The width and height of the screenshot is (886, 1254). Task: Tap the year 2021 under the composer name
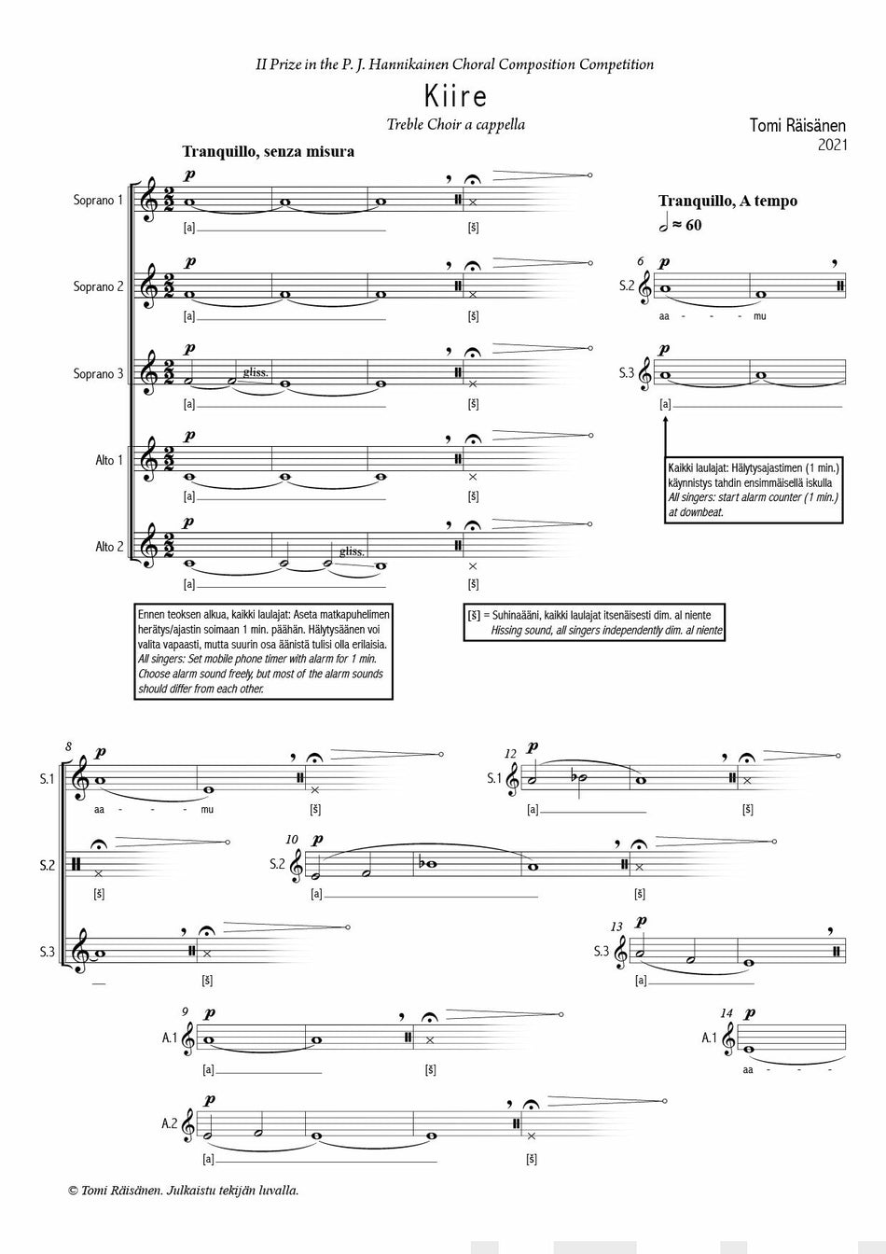[x=832, y=145]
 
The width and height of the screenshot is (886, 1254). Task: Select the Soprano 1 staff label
[x=98, y=200]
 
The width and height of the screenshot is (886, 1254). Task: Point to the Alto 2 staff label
[x=109, y=547]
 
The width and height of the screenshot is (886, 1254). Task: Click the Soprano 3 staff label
[x=98, y=374]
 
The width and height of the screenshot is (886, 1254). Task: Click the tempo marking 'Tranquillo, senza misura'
[x=268, y=151]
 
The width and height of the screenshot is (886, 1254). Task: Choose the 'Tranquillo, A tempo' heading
[x=727, y=201]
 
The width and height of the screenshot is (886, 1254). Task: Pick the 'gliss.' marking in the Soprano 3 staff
[x=256, y=372]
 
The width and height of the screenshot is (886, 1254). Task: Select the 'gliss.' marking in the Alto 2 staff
[x=352, y=551]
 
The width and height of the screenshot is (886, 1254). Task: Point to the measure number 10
[x=292, y=840]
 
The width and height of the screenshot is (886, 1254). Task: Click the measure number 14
[x=727, y=1012]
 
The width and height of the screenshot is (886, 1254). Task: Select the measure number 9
[x=186, y=1012]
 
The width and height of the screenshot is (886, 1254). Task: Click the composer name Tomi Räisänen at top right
[x=797, y=125]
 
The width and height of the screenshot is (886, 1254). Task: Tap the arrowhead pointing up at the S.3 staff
[x=666, y=422]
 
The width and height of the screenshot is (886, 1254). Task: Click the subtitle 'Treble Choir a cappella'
[x=455, y=125]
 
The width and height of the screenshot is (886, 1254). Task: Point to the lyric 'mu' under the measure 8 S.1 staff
[x=206, y=809]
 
